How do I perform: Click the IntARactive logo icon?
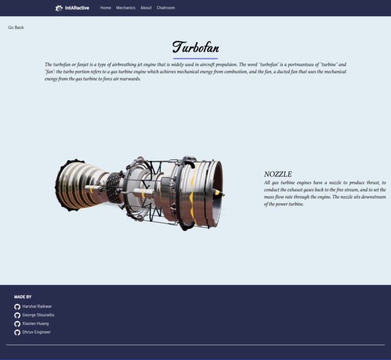59,8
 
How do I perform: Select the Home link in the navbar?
105,8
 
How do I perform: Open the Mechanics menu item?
126,8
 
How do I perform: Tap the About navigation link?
146,8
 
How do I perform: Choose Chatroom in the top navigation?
166,8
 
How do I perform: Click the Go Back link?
16,28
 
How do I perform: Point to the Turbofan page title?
195,48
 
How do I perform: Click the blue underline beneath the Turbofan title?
195,58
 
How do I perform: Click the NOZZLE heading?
277,174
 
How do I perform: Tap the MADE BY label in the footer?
23,297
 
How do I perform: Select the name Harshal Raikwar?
37,307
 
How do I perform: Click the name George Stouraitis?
38,315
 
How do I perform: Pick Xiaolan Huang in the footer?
35,324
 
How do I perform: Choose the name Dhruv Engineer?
36,332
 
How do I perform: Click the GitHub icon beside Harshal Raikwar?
17,307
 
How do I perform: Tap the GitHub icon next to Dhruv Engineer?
17,332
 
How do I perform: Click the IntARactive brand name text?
77,8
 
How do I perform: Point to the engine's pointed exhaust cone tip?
224,194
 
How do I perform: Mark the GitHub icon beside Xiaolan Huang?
17,324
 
